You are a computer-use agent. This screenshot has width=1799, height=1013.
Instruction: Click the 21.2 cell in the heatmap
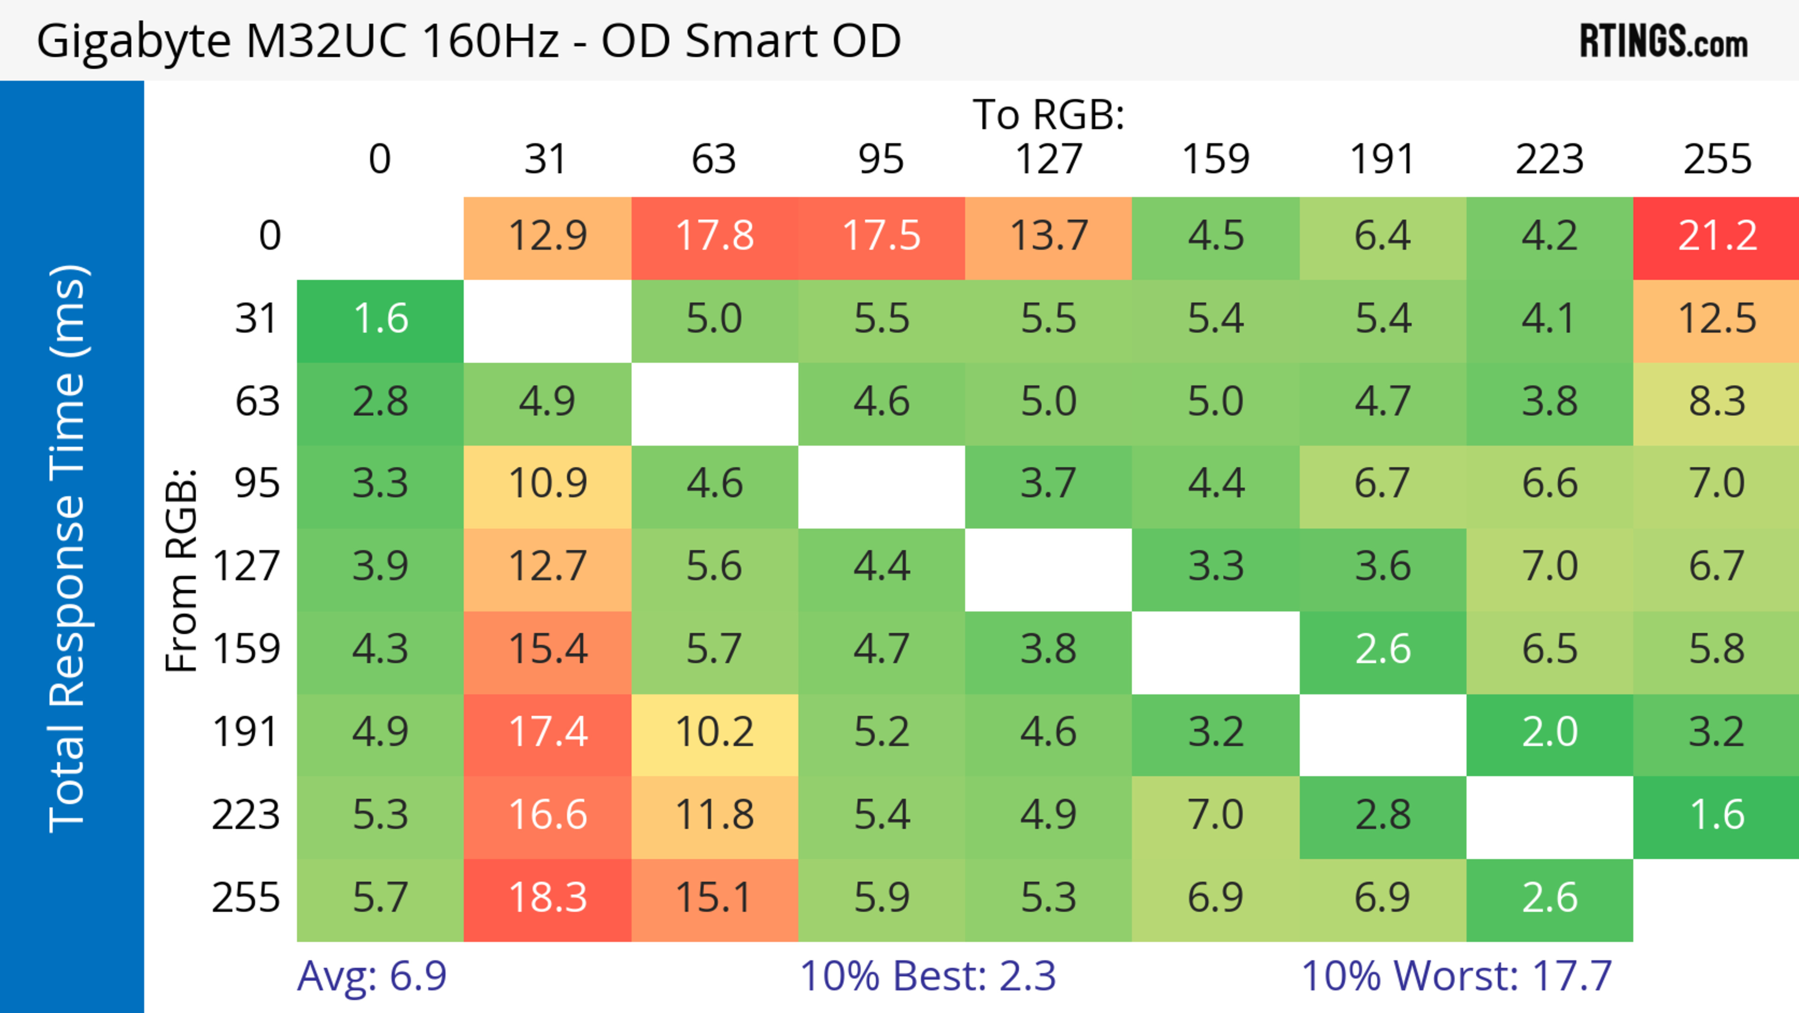(x=1717, y=237)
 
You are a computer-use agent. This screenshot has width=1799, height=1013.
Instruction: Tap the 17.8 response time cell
(x=714, y=237)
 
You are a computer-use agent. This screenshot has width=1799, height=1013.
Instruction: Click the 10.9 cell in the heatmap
(x=548, y=485)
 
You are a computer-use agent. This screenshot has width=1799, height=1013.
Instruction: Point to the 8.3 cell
(x=1717, y=402)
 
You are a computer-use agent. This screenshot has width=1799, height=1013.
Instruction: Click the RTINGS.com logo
(x=1664, y=42)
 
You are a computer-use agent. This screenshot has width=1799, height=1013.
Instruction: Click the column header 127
(x=1048, y=160)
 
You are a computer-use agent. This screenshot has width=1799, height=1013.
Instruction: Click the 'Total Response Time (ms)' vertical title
(x=68, y=548)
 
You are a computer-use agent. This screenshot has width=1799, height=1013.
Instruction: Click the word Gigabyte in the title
(x=133, y=42)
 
